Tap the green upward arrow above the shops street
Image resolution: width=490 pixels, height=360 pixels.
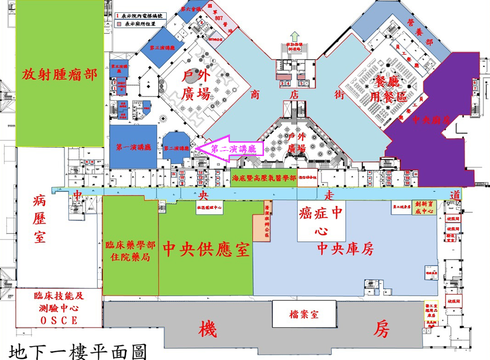click(295, 37)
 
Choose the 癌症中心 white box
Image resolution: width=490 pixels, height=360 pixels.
click(321, 221)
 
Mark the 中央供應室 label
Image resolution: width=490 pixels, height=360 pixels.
click(206, 248)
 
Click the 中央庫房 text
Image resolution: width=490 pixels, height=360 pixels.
click(345, 249)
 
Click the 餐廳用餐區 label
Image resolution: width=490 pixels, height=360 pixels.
click(389, 88)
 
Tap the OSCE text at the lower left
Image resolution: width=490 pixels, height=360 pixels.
click(59, 320)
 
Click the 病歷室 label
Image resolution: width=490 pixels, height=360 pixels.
click(39, 217)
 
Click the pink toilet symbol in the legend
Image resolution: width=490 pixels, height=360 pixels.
click(118, 23)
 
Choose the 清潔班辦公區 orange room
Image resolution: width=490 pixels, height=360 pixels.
click(267, 227)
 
